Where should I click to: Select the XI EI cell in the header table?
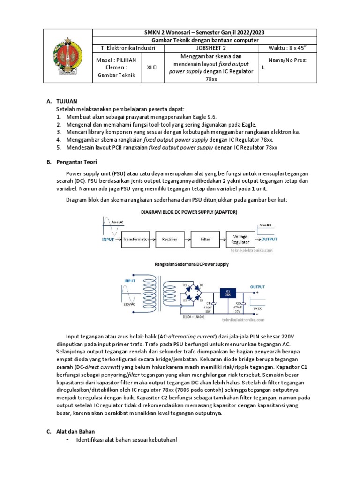click(x=152, y=67)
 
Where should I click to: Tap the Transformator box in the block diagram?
click(x=135, y=239)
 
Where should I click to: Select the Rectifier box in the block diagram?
click(x=170, y=239)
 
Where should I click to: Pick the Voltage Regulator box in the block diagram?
click(x=240, y=240)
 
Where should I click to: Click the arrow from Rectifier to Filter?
click(x=187, y=239)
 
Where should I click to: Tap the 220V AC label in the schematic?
click(x=129, y=304)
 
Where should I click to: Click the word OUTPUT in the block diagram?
click(x=269, y=239)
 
